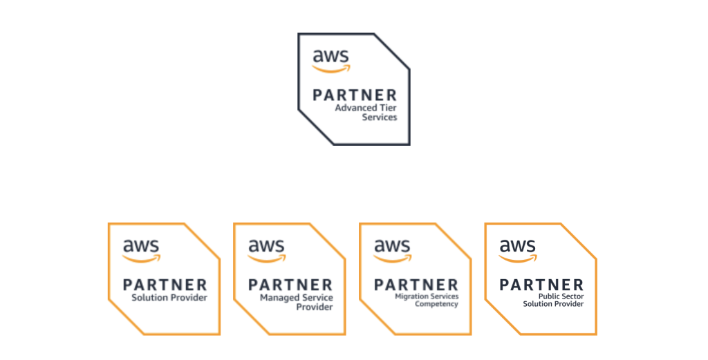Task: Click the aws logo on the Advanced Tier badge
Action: pyautogui.click(x=331, y=59)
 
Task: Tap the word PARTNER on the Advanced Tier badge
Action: pyautogui.click(x=355, y=95)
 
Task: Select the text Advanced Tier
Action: pyautogui.click(x=366, y=108)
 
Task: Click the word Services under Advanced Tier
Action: pyautogui.click(x=380, y=117)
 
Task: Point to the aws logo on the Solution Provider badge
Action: pyautogui.click(x=141, y=249)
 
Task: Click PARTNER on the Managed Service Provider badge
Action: pyautogui.click(x=290, y=285)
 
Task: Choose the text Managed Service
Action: pyautogui.click(x=296, y=298)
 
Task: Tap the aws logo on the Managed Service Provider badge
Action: pyautogui.click(x=267, y=249)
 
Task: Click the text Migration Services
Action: pyautogui.click(x=426, y=296)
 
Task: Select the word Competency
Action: pyautogui.click(x=436, y=304)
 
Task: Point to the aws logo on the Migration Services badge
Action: pyautogui.click(x=392, y=249)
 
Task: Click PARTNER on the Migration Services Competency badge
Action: pyautogui.click(x=416, y=285)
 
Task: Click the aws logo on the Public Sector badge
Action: pyautogui.click(x=518, y=249)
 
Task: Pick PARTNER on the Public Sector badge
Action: pyautogui.click(x=542, y=285)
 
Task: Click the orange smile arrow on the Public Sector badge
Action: pyautogui.click(x=518, y=259)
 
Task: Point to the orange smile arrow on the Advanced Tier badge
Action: pyautogui.click(x=331, y=68)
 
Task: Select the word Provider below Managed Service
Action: pyautogui.click(x=315, y=307)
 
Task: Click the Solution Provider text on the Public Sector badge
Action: pyautogui.click(x=553, y=304)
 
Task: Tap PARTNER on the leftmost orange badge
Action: pyautogui.click(x=165, y=285)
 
